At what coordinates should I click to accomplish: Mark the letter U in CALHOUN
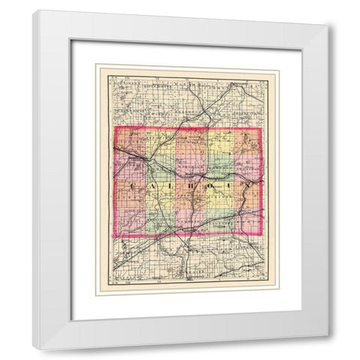(x=225, y=184)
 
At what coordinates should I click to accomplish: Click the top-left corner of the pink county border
(x=113, y=128)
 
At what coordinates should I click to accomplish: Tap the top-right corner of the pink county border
(x=262, y=128)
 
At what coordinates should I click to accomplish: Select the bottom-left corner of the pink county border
(x=113, y=238)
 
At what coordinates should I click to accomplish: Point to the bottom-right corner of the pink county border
(x=262, y=238)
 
